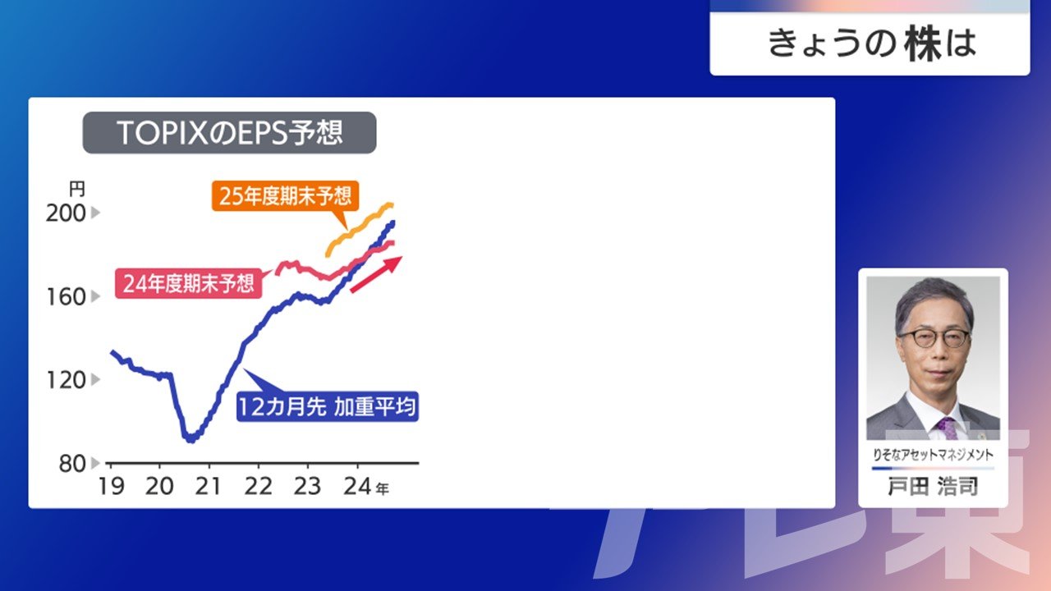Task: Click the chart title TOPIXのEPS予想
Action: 229,133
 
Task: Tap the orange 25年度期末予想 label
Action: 285,196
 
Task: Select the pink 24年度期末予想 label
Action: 189,283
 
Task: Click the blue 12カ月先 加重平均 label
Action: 328,406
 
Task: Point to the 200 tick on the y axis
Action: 66,213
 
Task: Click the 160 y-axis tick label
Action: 67,297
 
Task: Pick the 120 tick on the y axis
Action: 67,380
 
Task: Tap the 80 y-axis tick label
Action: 72,464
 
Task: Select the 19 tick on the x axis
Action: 111,487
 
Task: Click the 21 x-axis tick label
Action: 208,487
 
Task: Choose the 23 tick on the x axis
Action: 307,487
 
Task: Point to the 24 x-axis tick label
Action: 357,487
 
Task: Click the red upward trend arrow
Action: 376,274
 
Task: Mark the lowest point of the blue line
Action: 190,441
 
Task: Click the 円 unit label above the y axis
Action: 77,190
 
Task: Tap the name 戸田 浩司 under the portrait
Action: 933,487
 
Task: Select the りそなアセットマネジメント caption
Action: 933,455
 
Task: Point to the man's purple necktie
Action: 947,428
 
